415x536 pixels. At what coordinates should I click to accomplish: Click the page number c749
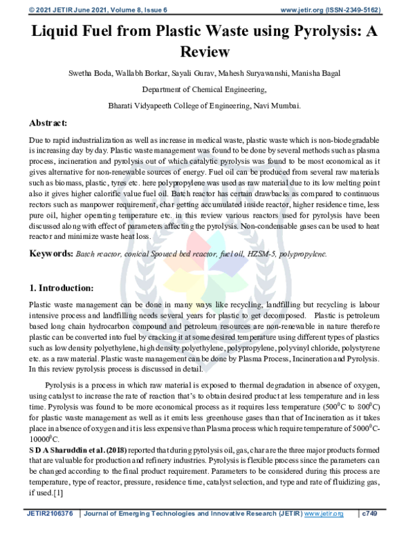373,514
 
